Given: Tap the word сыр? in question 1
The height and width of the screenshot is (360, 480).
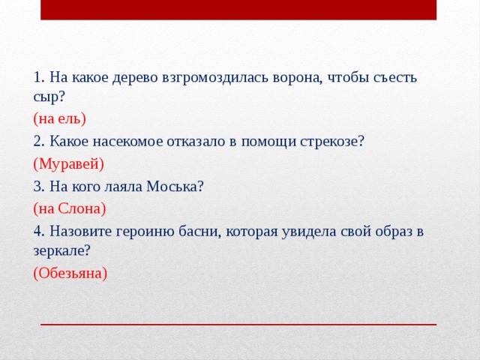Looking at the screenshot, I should click(49, 97).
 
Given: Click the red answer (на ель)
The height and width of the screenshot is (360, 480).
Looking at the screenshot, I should click(60, 118).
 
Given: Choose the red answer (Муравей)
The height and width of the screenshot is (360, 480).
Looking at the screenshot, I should click(68, 163).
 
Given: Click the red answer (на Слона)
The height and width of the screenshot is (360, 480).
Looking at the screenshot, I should click(70, 208).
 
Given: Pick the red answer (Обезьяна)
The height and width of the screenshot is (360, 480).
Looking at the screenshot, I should click(70, 273).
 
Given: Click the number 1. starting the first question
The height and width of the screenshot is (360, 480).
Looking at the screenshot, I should click(39, 77).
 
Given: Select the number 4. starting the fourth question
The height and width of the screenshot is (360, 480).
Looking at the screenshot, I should click(39, 231).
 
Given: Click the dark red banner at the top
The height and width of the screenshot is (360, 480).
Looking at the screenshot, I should click(238, 10).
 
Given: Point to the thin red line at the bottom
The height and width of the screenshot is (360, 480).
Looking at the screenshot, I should click(238, 324).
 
